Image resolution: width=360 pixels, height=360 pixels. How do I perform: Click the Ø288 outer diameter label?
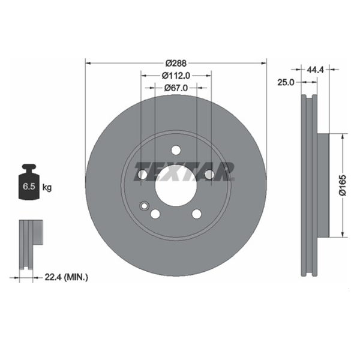(176, 63)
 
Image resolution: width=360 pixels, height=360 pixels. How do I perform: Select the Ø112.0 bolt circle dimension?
(176, 76)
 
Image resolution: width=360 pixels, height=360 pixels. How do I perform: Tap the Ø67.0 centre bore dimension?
(176, 88)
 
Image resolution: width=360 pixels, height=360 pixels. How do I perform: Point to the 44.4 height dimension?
(315, 70)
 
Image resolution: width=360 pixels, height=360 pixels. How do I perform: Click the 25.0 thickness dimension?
(286, 82)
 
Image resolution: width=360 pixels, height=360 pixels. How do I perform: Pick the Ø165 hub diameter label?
(343, 185)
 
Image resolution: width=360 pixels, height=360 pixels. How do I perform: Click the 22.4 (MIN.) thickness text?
(66, 278)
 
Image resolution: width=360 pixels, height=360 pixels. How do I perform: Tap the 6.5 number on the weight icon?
(29, 186)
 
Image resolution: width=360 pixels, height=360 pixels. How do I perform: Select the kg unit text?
(47, 187)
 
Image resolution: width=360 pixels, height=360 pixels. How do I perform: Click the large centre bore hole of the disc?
(176, 186)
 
